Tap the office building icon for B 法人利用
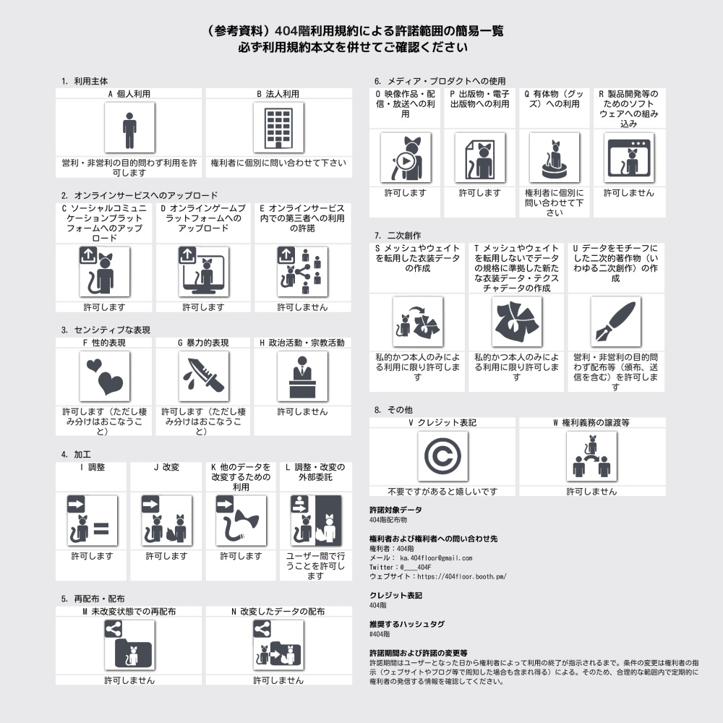click(278, 128)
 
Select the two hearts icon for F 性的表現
click(105, 377)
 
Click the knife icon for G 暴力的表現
click(204, 377)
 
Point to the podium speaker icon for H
click(302, 377)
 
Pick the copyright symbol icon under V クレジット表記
click(442, 456)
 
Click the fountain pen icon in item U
click(615, 322)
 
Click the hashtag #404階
click(380, 634)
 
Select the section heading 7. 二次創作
click(398, 236)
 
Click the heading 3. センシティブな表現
click(106, 330)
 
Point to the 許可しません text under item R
click(629, 193)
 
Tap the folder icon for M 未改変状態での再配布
click(129, 645)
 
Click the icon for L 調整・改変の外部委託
click(316, 521)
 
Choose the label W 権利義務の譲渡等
click(591, 423)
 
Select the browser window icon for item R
click(629, 158)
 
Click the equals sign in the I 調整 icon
click(102, 529)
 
